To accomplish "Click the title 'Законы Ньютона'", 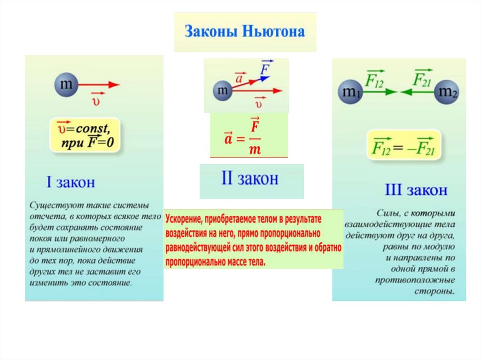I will click(x=244, y=32).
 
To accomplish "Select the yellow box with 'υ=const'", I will click(x=85, y=135).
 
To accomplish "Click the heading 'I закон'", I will click(x=70, y=182).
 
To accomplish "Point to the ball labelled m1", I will click(x=350, y=92).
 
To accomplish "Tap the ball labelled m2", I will click(x=447, y=92).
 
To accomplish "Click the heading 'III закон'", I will click(x=416, y=190).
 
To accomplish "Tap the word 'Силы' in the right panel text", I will click(x=388, y=213).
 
